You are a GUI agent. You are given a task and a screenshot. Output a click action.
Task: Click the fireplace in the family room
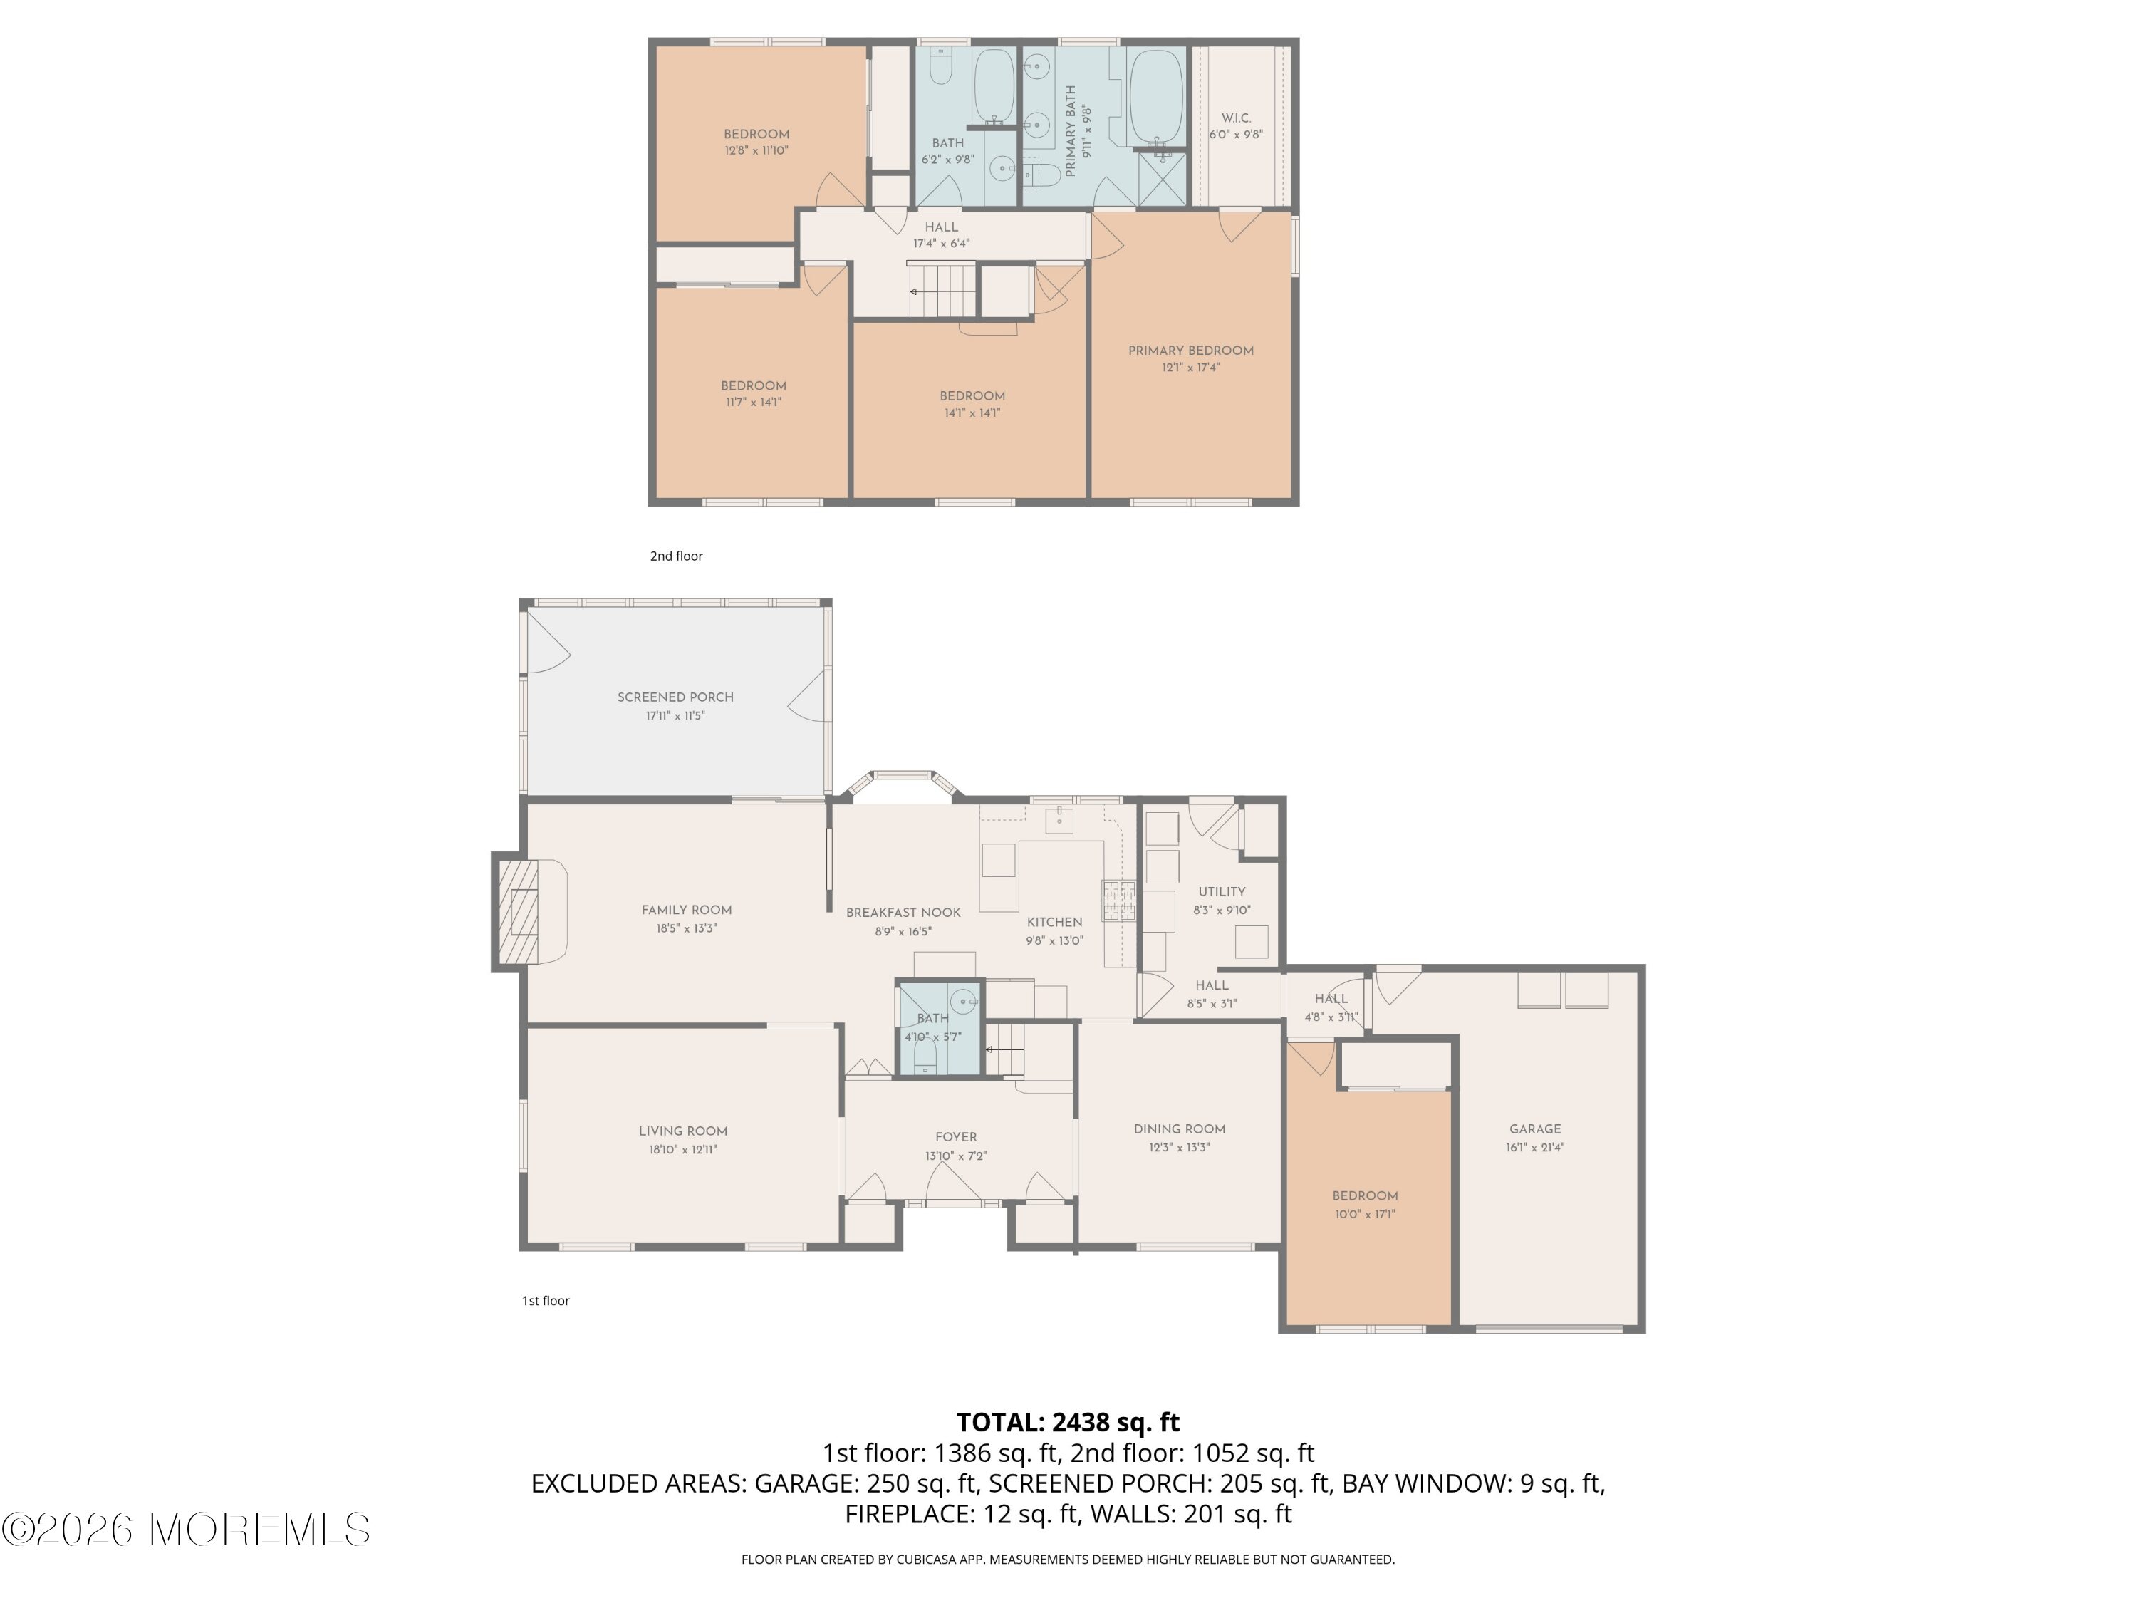(517, 912)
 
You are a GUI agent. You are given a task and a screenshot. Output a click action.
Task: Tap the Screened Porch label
(675, 697)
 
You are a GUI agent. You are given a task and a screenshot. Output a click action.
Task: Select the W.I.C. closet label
(1236, 118)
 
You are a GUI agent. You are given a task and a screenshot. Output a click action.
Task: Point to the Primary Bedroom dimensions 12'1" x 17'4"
(1190, 367)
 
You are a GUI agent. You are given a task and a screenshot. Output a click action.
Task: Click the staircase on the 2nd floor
(943, 290)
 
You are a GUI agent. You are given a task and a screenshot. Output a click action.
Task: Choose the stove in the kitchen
(1119, 900)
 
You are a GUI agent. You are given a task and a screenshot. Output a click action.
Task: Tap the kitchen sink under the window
(1060, 820)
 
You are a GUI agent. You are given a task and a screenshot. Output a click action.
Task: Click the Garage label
(1535, 1129)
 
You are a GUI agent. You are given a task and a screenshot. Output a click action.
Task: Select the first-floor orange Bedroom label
(1365, 1195)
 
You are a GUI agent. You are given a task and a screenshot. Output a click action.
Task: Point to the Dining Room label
(1180, 1129)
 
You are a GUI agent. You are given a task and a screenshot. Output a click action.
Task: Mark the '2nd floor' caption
(676, 556)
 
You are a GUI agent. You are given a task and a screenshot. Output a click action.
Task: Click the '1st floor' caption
(546, 1300)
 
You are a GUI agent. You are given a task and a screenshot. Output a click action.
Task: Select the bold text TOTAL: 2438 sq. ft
(1068, 1422)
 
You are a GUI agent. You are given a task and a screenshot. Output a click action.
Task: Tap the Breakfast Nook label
(903, 912)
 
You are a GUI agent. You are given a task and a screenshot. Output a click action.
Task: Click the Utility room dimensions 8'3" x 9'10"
(1222, 909)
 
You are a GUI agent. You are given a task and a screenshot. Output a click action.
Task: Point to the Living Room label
(683, 1131)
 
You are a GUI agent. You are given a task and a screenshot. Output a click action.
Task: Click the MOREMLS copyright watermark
(185, 1530)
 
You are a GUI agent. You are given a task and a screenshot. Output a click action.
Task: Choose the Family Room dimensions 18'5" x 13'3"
(686, 928)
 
